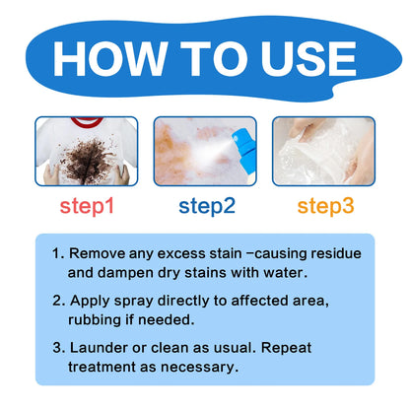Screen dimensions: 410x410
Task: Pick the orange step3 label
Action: (324, 206)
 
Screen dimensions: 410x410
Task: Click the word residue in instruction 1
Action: (334, 253)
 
